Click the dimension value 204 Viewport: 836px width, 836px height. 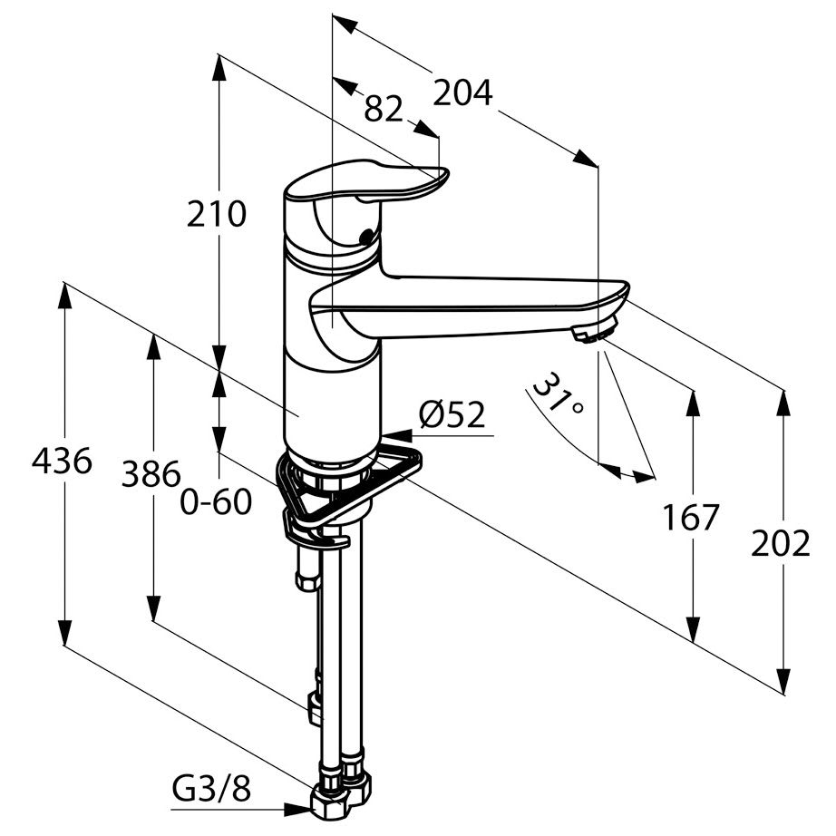[x=462, y=93]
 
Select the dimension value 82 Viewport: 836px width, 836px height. [x=383, y=110]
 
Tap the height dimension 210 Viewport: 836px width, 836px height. [x=217, y=214]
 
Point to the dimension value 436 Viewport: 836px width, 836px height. [x=62, y=462]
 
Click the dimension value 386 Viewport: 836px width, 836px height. [x=151, y=474]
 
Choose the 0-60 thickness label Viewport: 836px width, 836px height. [x=216, y=502]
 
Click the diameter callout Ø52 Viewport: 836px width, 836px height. [x=452, y=414]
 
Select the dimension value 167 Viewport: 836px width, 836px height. [x=691, y=518]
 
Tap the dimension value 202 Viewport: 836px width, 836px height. [x=781, y=544]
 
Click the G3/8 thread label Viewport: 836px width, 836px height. [x=211, y=789]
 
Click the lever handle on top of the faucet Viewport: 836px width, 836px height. [x=367, y=182]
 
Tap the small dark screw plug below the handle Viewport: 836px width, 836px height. [x=366, y=236]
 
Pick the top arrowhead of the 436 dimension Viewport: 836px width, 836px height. [x=64, y=296]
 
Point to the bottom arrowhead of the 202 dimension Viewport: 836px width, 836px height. [x=783, y=681]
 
